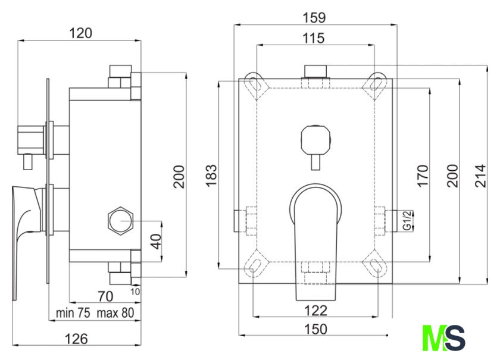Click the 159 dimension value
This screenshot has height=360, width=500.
(314, 17)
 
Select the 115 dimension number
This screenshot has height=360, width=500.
(314, 38)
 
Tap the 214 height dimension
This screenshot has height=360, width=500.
(480, 176)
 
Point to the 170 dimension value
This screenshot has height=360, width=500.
(423, 176)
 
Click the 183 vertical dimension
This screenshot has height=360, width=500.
(211, 176)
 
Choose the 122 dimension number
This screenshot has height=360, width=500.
(315, 311)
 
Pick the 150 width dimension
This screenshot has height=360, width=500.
(315, 329)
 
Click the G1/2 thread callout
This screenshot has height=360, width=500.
(408, 221)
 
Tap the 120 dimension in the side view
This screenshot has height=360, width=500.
(81, 33)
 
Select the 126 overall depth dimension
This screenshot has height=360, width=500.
(76, 339)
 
